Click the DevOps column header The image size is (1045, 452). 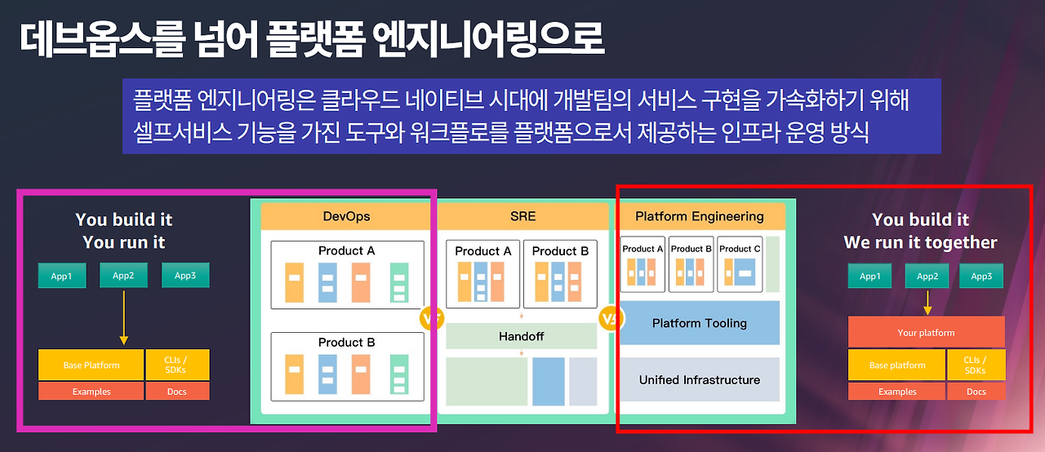click(346, 216)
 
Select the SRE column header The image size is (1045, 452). click(522, 216)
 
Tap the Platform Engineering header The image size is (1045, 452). click(700, 216)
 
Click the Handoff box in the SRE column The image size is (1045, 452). click(522, 336)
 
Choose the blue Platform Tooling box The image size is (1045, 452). click(700, 323)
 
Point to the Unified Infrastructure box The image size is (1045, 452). click(700, 379)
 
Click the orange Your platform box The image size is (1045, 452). click(926, 332)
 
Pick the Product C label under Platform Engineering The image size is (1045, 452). click(740, 249)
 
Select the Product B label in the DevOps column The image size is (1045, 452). click(347, 342)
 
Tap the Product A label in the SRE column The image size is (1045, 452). click(483, 250)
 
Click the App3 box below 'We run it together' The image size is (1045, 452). click(981, 276)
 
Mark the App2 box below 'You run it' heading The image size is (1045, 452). click(123, 275)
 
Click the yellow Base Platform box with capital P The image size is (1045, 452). click(91, 365)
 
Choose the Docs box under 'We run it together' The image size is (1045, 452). click(976, 392)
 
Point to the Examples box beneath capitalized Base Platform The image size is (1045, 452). click(91, 392)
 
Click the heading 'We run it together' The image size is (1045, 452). click(920, 242)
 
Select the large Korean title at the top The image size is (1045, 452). click(311, 38)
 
